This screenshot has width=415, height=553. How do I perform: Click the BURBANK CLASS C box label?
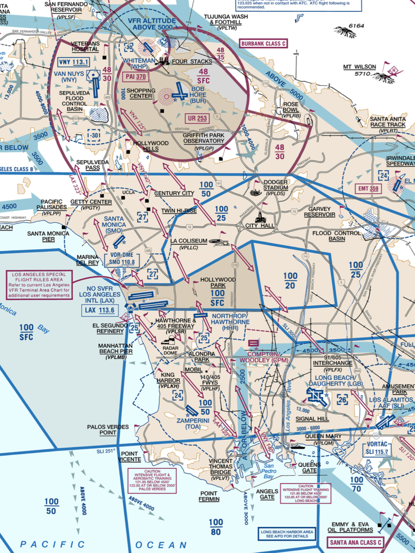click(x=263, y=44)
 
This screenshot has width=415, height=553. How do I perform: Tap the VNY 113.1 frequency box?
click(x=73, y=62)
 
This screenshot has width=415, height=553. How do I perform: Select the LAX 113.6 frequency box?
click(x=100, y=310)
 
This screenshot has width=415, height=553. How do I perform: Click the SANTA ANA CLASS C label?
click(x=355, y=542)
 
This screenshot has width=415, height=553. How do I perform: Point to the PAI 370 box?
click(x=136, y=77)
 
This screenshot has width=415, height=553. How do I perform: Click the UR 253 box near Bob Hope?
click(x=197, y=119)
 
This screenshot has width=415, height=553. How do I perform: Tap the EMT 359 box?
click(x=368, y=189)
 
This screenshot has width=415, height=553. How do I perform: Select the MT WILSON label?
click(x=359, y=67)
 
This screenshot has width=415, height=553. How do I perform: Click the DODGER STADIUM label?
click(x=275, y=185)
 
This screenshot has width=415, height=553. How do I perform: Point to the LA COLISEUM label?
click(x=189, y=241)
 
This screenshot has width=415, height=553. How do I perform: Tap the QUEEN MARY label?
click(x=323, y=436)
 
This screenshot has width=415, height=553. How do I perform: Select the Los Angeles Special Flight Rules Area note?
click(x=39, y=285)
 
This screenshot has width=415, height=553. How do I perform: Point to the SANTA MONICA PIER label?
click(x=48, y=236)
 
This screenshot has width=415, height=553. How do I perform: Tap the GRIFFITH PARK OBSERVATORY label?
click(x=204, y=138)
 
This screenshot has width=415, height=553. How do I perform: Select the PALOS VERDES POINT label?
click(x=108, y=430)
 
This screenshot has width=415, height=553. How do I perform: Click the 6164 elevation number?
click(x=356, y=26)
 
